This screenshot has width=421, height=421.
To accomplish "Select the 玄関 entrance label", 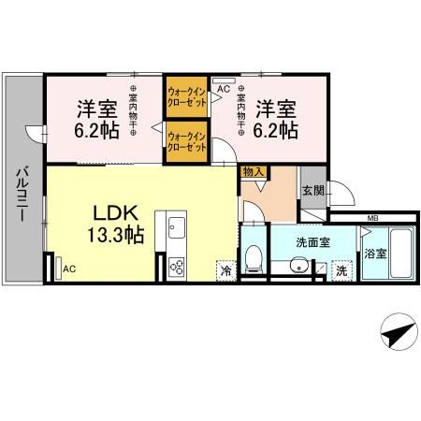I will click(x=312, y=190).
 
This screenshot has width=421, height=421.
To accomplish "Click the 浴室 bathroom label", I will click(x=375, y=254).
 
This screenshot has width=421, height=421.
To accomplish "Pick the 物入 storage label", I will click(x=252, y=172).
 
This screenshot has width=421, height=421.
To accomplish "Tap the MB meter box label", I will click(x=372, y=219).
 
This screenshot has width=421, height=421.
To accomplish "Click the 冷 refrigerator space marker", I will click(x=225, y=270).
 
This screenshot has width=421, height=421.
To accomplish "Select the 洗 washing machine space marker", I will click(x=341, y=271).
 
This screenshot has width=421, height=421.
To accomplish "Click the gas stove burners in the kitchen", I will click(x=177, y=267).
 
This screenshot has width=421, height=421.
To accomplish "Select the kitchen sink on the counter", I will click(x=177, y=227).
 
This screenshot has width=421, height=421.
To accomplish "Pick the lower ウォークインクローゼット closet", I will click(x=186, y=142).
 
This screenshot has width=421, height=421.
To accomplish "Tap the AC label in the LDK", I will click(x=68, y=269).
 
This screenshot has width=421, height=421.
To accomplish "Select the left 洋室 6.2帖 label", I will click(x=96, y=118).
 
